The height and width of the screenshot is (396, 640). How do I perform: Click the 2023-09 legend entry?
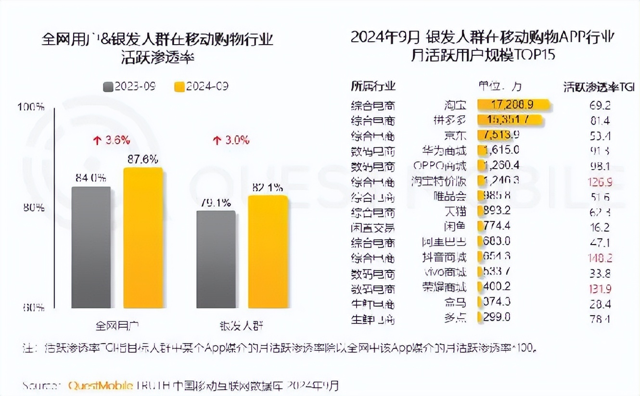coord(129,87)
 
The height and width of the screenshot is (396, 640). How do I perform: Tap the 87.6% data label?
coord(143,160)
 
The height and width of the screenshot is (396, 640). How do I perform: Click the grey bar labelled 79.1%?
coord(216,260)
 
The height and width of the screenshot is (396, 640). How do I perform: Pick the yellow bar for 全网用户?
coord(143,238)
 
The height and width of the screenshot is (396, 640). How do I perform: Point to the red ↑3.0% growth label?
coord(231,140)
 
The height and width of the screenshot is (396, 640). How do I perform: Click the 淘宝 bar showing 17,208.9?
coord(513,104)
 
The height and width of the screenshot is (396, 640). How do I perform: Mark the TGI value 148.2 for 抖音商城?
coord(599,258)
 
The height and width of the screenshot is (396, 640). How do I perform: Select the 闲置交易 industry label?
coord(373,227)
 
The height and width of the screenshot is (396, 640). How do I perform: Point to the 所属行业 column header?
coord(373,87)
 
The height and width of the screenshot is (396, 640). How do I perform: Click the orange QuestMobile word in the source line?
coord(101,386)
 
